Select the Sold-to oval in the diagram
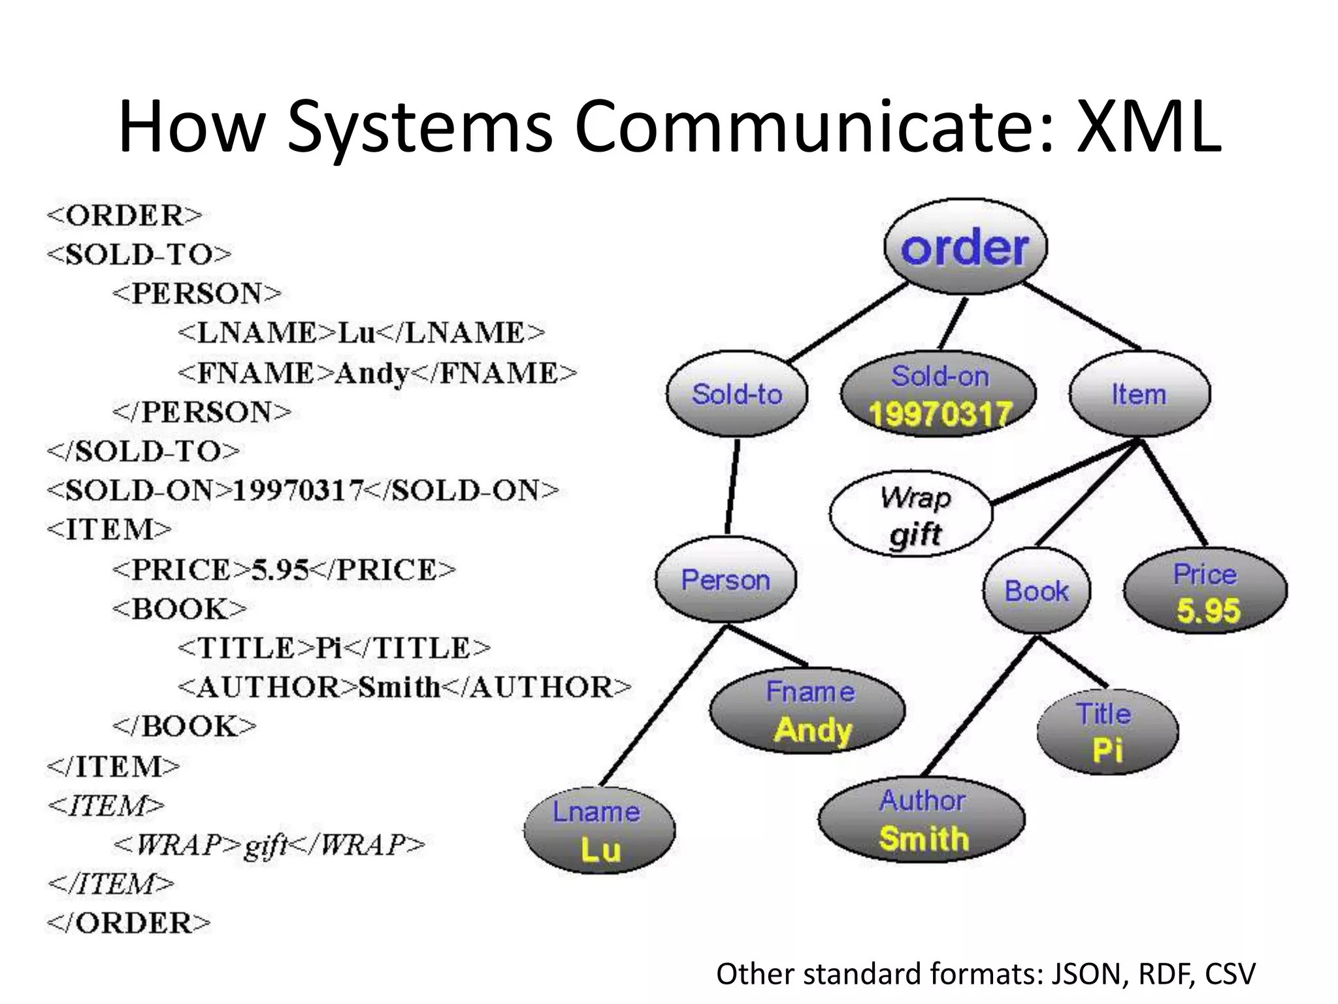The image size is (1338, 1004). [737, 394]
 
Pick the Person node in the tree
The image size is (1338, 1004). [726, 580]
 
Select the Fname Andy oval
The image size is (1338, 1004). [808, 711]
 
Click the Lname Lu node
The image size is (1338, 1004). [599, 830]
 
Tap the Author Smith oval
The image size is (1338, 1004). [922, 820]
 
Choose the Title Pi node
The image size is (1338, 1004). [1107, 731]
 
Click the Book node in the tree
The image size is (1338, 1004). [1037, 591]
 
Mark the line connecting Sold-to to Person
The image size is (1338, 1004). [732, 487]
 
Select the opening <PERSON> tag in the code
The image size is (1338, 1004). [197, 293]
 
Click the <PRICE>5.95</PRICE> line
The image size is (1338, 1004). [284, 570]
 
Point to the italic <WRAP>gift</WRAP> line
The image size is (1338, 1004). [269, 845]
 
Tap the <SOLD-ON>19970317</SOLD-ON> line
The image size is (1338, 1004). [302, 490]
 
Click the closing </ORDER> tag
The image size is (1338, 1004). [129, 923]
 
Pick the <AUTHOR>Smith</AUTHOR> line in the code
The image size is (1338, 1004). [404, 688]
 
